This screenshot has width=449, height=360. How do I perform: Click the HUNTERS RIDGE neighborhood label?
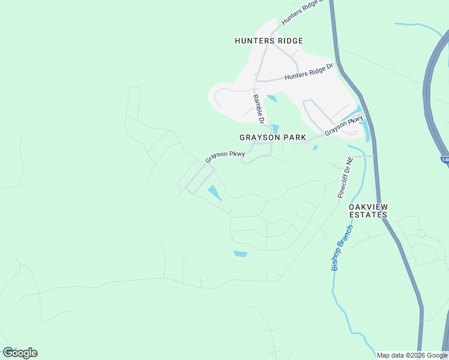(x=268, y=41)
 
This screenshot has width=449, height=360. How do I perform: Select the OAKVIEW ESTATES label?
(x=368, y=210)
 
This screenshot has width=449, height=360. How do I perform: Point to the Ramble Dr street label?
(x=259, y=109)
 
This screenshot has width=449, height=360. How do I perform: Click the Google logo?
(x=20, y=353)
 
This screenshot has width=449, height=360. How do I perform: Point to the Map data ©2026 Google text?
(x=412, y=355)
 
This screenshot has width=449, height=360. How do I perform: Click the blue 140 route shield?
(x=445, y=160)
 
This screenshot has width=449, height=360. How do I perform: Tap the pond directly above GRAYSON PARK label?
(x=275, y=128)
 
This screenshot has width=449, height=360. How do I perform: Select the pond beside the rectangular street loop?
(x=214, y=193)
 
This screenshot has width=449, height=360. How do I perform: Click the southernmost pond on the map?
(x=240, y=254)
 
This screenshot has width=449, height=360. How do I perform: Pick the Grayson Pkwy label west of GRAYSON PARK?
(x=225, y=157)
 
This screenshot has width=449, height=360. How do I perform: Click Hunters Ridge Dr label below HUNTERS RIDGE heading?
(x=309, y=73)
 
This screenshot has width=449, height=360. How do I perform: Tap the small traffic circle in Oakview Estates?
(x=421, y=233)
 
